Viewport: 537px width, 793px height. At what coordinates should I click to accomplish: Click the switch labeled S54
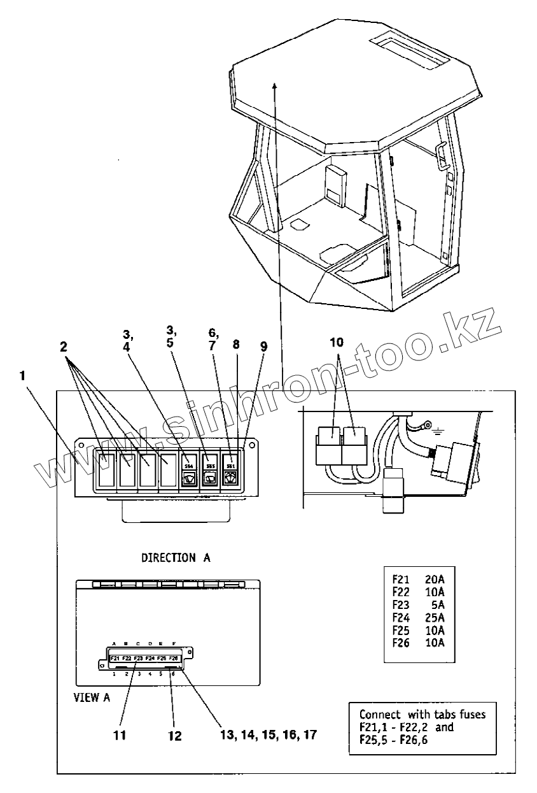(x=188, y=470)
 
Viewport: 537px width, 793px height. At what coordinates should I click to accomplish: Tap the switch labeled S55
(x=208, y=470)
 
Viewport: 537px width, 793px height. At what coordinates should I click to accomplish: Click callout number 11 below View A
(x=119, y=735)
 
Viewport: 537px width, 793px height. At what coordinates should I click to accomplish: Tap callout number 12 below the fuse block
(x=174, y=736)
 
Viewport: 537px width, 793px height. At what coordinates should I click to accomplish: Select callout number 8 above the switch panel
(x=236, y=345)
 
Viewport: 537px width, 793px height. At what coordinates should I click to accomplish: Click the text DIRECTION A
(x=176, y=557)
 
